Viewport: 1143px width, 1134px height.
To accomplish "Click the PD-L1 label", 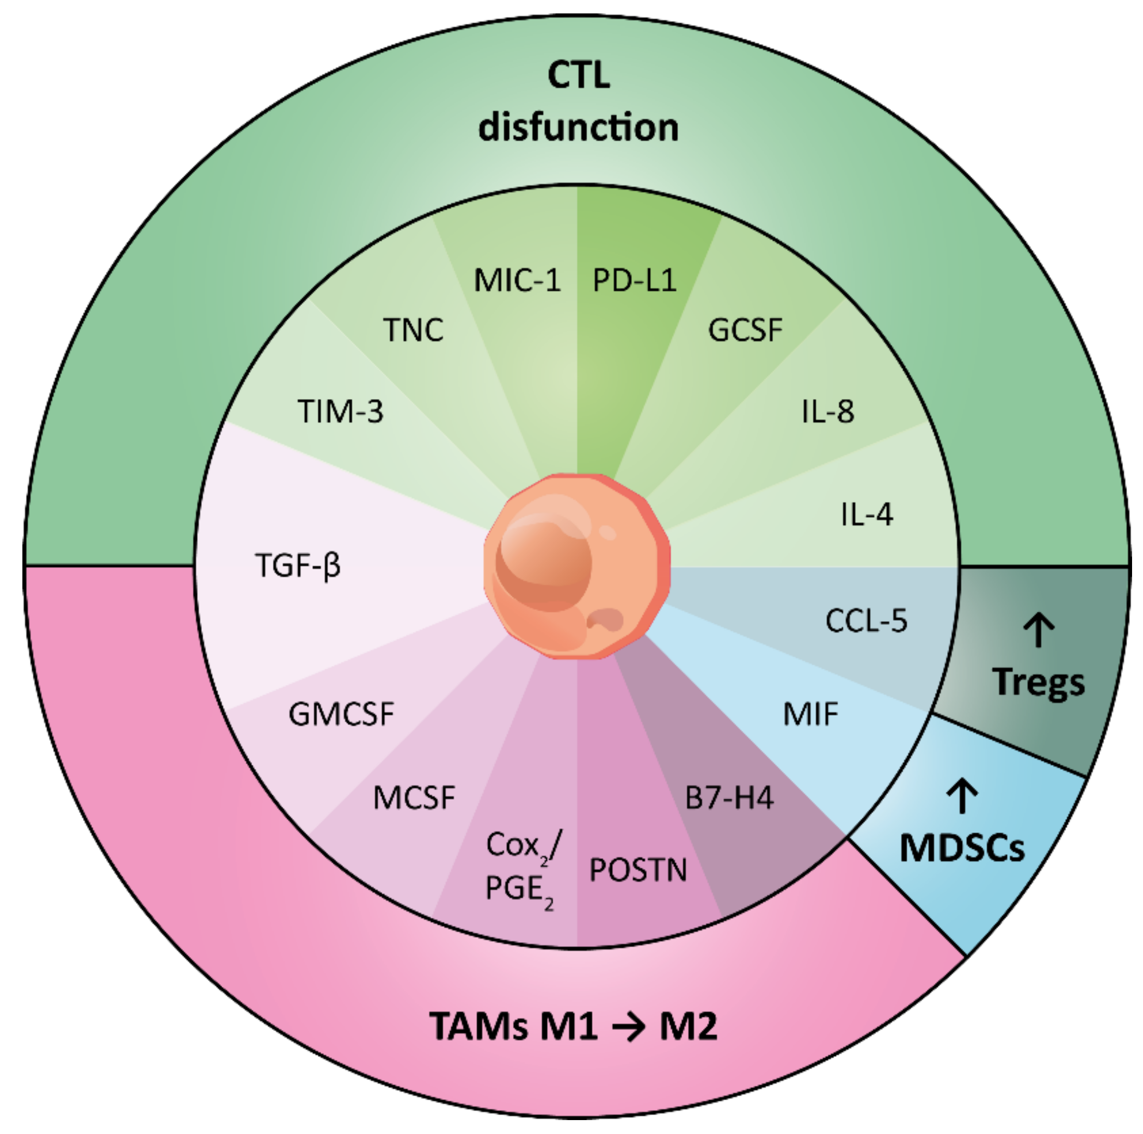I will [634, 280].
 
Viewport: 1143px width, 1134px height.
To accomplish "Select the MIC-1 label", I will [517, 280].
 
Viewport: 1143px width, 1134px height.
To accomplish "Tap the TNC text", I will [414, 330].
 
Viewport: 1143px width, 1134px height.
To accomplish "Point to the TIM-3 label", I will [340, 411].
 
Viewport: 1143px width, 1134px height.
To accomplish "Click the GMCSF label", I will [342, 714].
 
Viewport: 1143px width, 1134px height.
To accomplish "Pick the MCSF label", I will [414, 798].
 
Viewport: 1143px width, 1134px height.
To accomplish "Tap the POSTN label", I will [638, 870].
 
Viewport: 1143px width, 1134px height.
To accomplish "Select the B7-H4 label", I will [729, 798].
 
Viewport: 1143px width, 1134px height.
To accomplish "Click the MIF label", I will [810, 714].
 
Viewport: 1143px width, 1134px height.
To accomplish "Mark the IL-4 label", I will [867, 514].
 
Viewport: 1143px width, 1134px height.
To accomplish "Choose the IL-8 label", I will [828, 411].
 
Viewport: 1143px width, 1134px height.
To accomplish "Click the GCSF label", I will [745, 330].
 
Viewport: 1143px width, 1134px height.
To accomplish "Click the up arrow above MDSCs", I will [963, 795].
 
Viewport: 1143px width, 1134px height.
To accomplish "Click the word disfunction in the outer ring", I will [578, 128].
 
